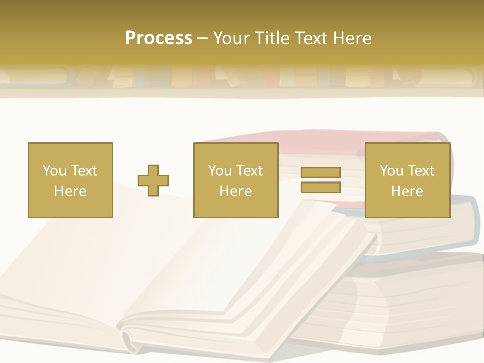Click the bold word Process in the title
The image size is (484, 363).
pos(158,38)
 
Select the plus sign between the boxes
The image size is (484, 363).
pos(153,180)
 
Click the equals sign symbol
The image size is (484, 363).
pos(321,180)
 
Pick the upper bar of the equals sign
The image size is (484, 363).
pos(321,172)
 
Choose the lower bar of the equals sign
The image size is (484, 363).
pos(321,188)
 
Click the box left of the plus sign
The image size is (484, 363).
pos(70,180)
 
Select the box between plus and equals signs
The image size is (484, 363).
pos(235,180)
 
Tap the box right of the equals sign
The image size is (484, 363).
pos(407,180)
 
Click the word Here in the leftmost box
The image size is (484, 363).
pos(70,191)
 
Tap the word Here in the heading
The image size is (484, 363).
pos(352,38)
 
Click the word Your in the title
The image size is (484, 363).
pos(231,38)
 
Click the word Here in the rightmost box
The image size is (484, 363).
pos(407,191)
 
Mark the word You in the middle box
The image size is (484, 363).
pos(220,171)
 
